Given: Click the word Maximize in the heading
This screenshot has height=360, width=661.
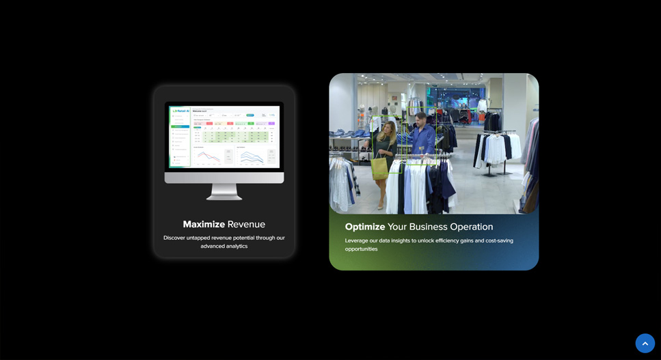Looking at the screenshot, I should coord(204,224).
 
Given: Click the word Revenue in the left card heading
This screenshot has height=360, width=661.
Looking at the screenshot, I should coord(246,224).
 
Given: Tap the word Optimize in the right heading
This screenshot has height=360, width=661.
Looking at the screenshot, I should coord(365,227).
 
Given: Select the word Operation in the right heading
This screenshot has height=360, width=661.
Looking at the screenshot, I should coord(471,227).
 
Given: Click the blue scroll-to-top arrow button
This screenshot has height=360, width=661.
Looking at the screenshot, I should coord(645,343).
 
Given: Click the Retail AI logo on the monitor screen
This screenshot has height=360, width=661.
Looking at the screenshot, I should coord(181,111).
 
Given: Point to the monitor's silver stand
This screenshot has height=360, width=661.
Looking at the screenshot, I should coord(224,192).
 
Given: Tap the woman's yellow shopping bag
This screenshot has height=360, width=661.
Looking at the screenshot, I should coord(380,167).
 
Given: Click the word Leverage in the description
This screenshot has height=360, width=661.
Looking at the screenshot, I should coord(358,240).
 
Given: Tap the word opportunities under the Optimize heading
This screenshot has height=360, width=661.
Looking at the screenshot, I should coord(361,249).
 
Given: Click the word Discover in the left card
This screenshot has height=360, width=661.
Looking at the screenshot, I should coord(174,238).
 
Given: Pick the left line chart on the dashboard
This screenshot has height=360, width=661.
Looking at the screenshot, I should coord(208,156).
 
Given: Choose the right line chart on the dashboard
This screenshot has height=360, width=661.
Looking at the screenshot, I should coord(251,156).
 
